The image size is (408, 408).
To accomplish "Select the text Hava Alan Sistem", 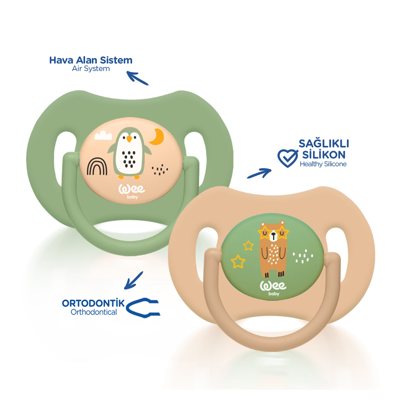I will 91,60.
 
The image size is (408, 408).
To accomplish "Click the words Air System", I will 91,69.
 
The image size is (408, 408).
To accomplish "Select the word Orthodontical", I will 93,312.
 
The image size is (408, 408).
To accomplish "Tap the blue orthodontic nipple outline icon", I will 143,308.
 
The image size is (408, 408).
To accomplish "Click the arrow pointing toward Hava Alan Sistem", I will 137,78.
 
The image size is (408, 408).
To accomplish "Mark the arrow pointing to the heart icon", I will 259,173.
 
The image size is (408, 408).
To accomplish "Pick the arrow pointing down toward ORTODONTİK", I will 134,280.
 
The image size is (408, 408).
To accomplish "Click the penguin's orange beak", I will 129,139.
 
